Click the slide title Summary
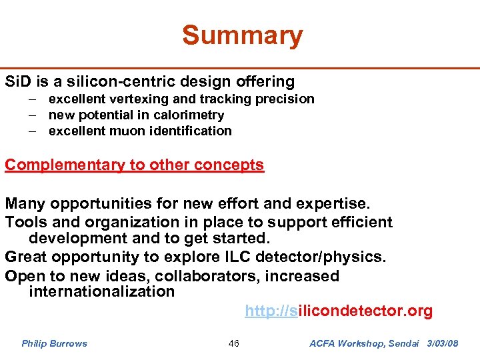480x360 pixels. pyautogui.click(x=242, y=35)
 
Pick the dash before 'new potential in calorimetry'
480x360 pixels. pyautogui.click(x=32, y=115)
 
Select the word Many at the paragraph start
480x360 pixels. pyautogui.click(x=24, y=203)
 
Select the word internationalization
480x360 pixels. pyautogui.click(x=101, y=292)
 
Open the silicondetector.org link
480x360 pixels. pyautogui.click(x=339, y=311)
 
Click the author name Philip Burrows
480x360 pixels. pyautogui.click(x=54, y=344)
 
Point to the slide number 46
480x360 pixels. pyautogui.click(x=233, y=344)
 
